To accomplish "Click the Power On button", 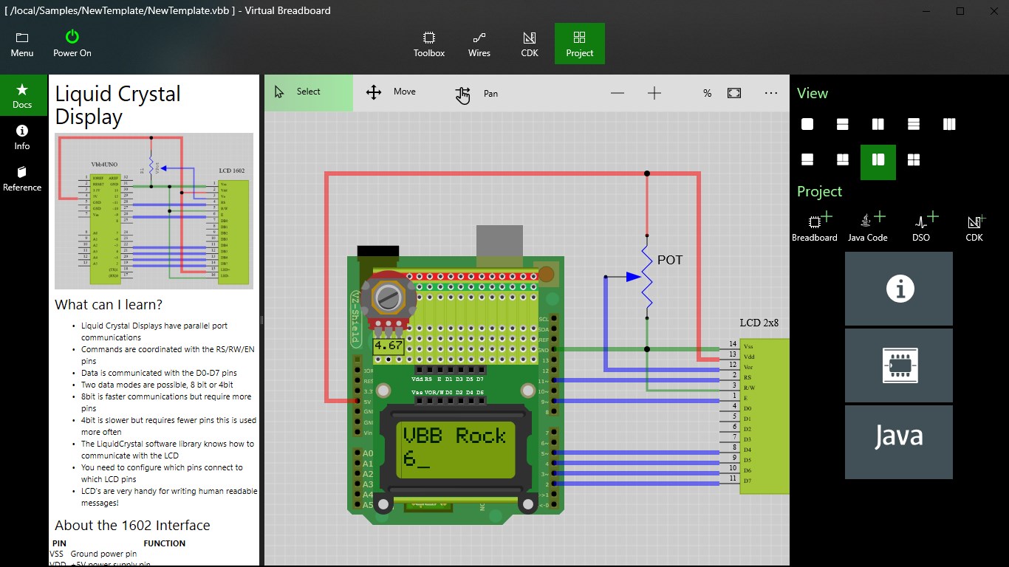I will pos(72,44).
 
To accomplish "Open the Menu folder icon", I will pos(22,44).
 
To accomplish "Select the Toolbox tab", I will pos(428,44).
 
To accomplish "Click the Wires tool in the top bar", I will pos(479,44).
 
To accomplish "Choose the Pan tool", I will pos(476,94).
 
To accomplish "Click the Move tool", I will pos(391,92).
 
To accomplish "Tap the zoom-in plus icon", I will pos(654,93).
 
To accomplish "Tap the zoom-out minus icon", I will pos(618,93).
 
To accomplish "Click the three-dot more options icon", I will pos(771,93).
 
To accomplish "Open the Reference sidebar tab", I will pos(22,178).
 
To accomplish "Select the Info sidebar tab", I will pos(22,137).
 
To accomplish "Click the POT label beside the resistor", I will pos(670,260).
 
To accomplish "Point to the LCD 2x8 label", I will pos(759,323).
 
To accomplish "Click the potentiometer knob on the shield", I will pos(388,298).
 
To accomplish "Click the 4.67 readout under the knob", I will pos(388,345).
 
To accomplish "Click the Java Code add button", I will pos(867,227).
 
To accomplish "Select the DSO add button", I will pos(921,227).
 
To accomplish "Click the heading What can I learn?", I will pos(109,304).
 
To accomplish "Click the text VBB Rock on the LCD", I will pos(454,436).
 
